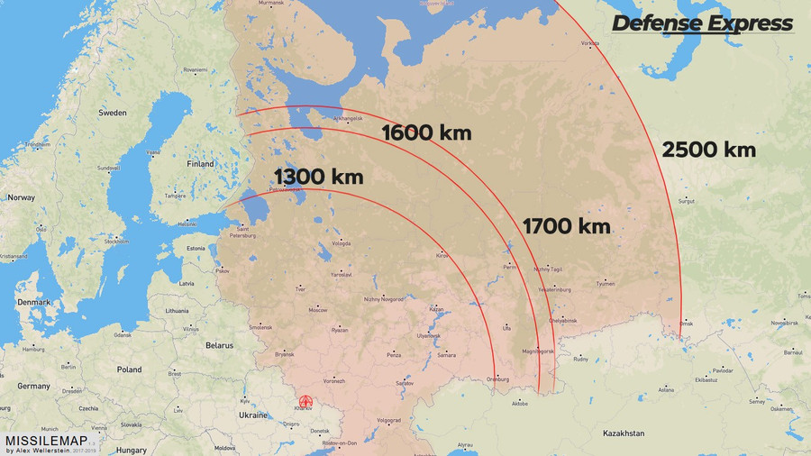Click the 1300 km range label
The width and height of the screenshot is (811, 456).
(x=318, y=177)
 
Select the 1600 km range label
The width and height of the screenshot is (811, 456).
(x=426, y=132)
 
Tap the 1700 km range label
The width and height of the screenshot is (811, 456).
(x=566, y=225)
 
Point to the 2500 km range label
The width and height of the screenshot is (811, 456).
(x=708, y=150)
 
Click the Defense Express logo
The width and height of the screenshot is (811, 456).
(x=702, y=23)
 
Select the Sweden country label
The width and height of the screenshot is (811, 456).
(x=113, y=114)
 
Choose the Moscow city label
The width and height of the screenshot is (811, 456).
(x=318, y=309)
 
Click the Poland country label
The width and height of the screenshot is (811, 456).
(x=128, y=369)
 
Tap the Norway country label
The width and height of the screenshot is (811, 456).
(x=21, y=197)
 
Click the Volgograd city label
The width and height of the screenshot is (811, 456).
(x=389, y=420)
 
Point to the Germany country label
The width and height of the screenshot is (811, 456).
(x=33, y=386)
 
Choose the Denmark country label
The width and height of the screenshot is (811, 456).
(x=32, y=302)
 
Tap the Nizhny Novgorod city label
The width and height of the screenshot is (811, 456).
(x=384, y=298)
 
